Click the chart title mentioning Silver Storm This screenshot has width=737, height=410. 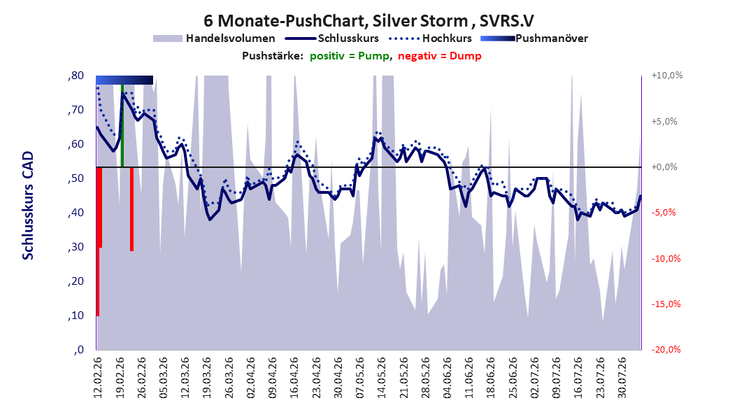click(368, 21)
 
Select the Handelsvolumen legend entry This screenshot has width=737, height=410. click(214, 38)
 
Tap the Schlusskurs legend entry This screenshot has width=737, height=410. click(332, 38)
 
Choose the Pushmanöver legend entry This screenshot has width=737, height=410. click(534, 38)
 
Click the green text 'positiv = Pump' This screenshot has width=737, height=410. click(350, 56)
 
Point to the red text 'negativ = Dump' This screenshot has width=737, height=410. click(440, 56)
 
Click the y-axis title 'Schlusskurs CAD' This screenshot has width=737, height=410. click(28, 206)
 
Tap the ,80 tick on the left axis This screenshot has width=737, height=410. click(76, 76)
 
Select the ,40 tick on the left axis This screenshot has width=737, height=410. click(76, 213)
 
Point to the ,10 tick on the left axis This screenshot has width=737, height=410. click(76, 316)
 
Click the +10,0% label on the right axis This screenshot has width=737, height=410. click(667, 76)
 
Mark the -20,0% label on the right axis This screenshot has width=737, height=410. click(666, 349)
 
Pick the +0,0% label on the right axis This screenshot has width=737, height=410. click(664, 167)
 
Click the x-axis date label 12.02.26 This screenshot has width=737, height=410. click(98, 378)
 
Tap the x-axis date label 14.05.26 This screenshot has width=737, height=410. click(382, 378)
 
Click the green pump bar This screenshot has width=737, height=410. click(122, 125)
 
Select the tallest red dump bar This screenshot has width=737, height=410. click(97, 241)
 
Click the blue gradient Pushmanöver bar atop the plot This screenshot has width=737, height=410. click(124, 80)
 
